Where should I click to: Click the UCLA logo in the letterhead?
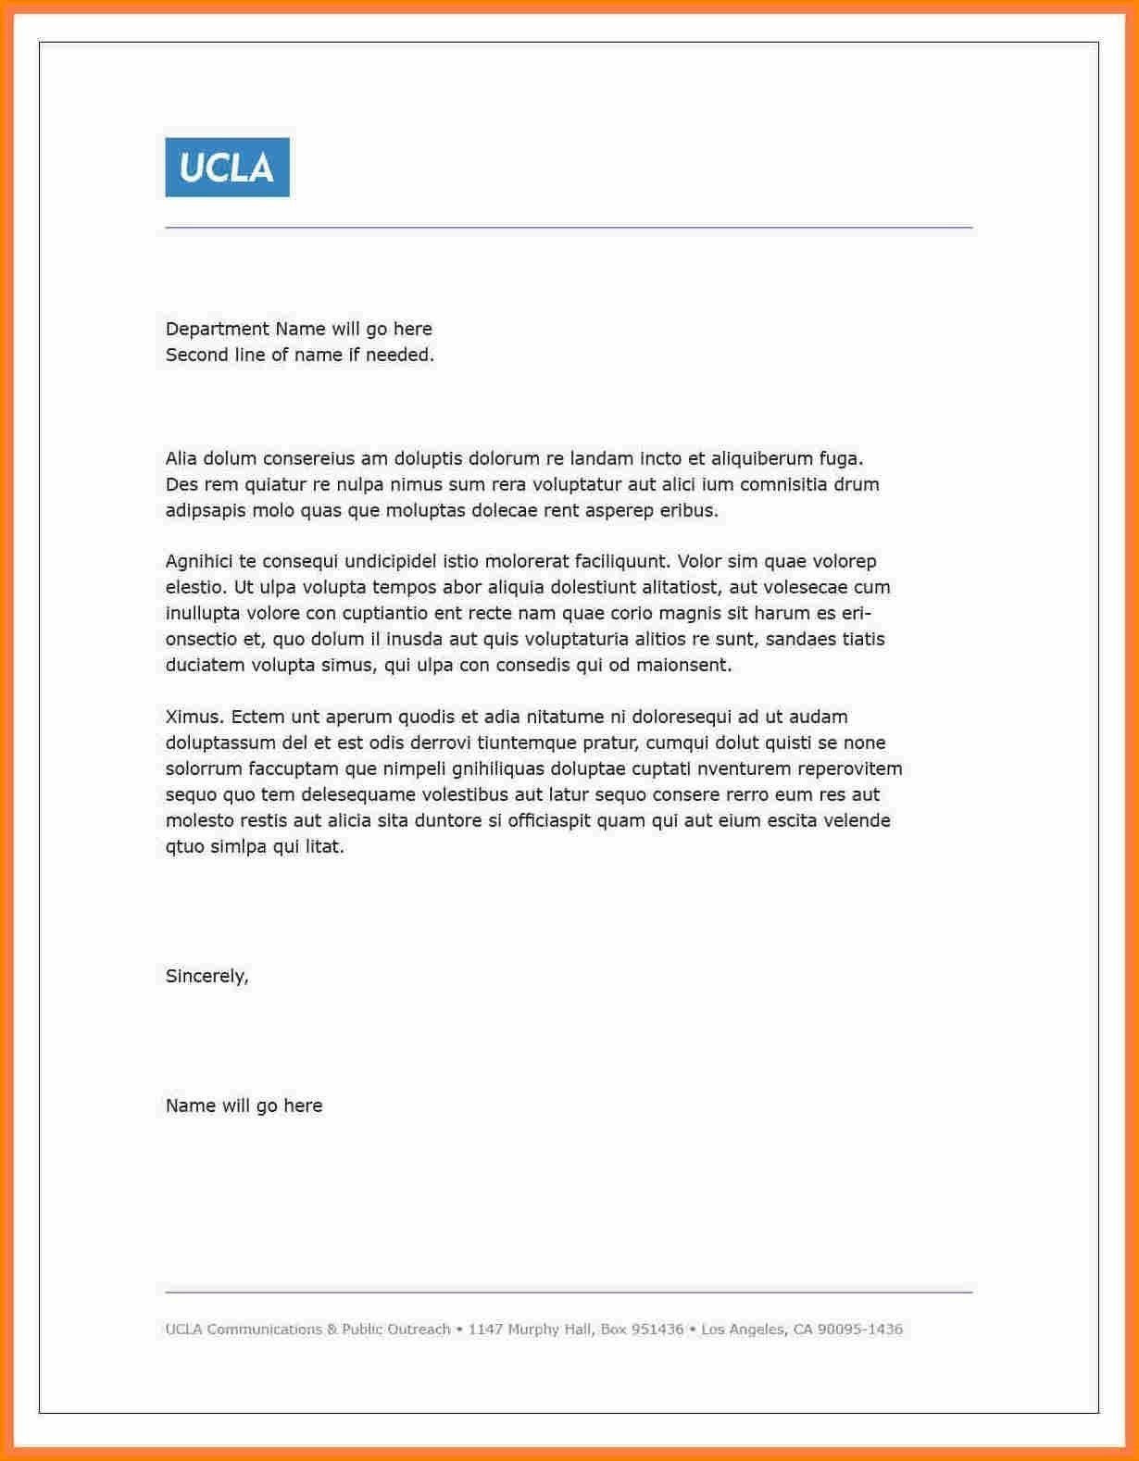coord(227,168)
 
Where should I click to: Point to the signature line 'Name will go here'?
coord(244,1105)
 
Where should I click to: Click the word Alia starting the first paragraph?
coord(181,458)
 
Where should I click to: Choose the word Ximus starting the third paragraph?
coord(194,717)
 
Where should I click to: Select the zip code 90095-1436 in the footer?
coord(859,1330)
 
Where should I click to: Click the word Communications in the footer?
coord(264,1330)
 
